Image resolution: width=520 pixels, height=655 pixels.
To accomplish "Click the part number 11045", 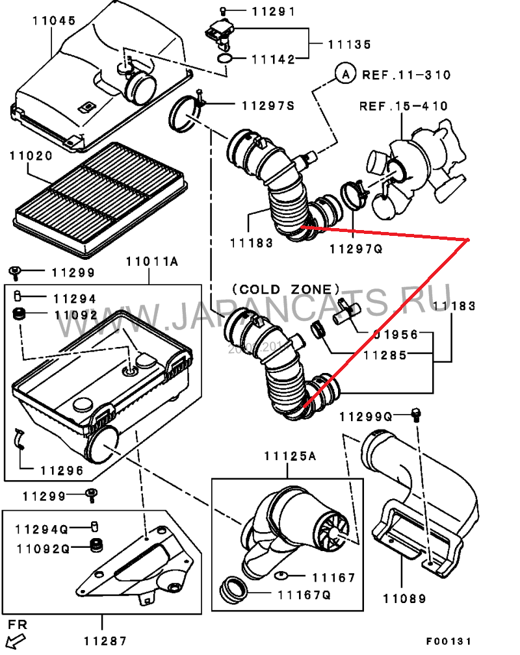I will point(54,21).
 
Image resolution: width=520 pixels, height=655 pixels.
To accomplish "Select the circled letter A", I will point(345,75).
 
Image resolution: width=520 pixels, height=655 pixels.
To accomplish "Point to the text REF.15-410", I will point(404,106).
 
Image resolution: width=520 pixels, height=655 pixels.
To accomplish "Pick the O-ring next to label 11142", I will point(224,60).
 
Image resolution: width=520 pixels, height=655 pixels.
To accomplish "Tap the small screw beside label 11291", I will point(222,11).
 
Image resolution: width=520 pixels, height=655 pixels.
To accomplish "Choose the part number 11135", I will point(349,44).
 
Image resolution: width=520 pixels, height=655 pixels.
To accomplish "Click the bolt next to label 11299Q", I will point(417,413).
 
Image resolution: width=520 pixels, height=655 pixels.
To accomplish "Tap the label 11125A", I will point(289,456).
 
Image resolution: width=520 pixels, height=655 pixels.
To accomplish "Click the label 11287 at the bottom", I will point(104,639).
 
